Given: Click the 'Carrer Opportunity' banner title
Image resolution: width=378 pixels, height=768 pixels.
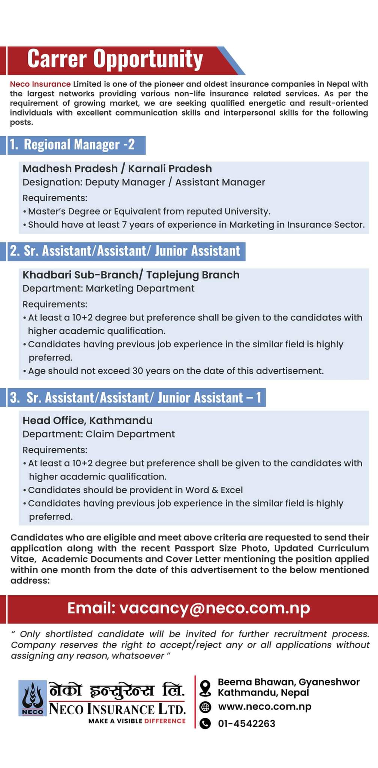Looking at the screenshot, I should (115, 60).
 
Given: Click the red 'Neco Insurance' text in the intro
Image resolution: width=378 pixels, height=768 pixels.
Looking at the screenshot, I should (40, 84).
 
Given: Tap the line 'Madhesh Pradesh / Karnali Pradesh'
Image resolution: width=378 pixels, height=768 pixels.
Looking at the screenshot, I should (117, 169).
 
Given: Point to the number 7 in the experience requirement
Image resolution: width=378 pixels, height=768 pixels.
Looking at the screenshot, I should (124, 225).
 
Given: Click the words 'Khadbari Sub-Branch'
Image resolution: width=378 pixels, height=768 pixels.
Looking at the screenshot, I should (80, 275).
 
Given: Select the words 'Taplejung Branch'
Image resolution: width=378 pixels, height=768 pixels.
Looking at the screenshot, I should (193, 275).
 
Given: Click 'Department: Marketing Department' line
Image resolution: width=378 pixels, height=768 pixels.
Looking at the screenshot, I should (108, 288).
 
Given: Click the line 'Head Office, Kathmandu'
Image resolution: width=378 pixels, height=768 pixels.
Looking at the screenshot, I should (87, 420).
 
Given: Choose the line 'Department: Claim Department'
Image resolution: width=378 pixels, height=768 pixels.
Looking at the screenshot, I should (99, 434).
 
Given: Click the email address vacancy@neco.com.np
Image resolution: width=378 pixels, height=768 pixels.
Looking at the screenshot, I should (214, 608).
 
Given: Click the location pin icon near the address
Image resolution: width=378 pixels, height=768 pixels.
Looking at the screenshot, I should (205, 687).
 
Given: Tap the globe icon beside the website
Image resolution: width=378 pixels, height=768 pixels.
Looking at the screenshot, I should (205, 707).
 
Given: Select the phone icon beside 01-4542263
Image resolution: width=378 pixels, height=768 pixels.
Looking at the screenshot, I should (205, 723).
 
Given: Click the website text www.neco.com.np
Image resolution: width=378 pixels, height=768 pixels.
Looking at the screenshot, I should (265, 707).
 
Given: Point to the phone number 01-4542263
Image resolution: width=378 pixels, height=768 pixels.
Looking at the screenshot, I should (246, 723).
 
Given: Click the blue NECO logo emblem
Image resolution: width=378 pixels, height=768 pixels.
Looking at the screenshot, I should (33, 699).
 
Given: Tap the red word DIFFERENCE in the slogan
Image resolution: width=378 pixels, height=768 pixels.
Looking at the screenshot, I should (165, 721).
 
